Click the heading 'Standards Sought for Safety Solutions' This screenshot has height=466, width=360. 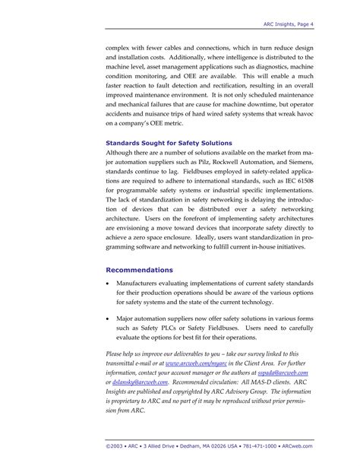168,142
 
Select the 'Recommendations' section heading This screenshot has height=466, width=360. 139,270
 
